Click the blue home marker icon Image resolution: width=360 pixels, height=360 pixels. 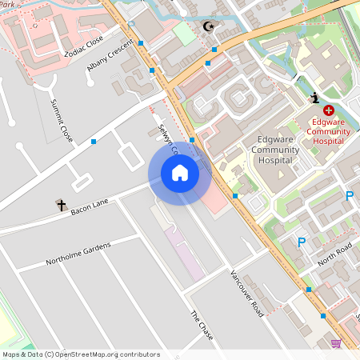point(179,173)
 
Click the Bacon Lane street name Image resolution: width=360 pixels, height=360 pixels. point(89,208)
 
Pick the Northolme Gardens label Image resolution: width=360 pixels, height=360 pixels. point(78,253)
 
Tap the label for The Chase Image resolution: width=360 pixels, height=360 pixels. point(201,326)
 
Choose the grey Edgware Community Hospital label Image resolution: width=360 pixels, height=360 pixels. point(276,150)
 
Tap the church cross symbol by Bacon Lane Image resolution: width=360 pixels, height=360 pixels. point(61,206)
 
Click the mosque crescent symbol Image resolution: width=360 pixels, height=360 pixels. point(210,27)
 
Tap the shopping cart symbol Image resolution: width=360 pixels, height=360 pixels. point(336,343)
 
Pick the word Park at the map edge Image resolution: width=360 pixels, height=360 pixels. point(10,3)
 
